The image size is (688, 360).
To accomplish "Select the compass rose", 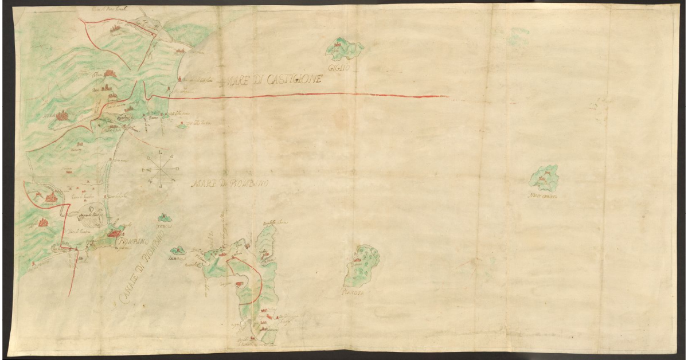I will [161, 169].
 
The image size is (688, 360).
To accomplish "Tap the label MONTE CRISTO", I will [545, 197].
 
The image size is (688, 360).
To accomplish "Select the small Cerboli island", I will [165, 218].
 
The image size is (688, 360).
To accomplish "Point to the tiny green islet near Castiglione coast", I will [182, 126].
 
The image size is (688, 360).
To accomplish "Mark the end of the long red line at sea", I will [447, 96].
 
